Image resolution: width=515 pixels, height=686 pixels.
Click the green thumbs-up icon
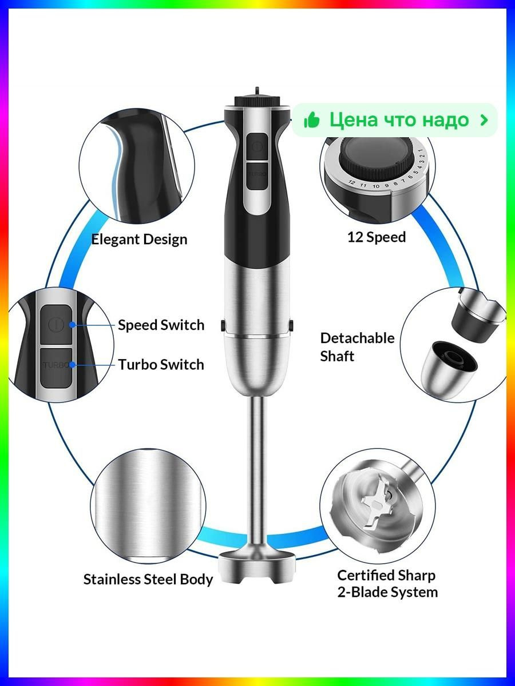312,120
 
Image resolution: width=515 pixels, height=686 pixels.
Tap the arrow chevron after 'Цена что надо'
484,120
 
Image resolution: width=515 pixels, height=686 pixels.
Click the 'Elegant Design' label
139,240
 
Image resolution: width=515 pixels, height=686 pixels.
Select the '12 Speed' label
377,237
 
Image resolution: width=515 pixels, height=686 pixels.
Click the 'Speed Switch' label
161,325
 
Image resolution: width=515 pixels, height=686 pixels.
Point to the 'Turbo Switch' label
161,365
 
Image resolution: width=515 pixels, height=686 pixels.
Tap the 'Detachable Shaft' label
357,347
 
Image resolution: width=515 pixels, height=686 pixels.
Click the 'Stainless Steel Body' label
148,579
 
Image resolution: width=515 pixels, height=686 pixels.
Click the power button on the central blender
257,147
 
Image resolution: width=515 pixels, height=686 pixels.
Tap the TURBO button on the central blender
257,176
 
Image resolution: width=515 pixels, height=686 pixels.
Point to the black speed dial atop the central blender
257,102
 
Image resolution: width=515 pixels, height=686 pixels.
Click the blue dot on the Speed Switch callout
72,325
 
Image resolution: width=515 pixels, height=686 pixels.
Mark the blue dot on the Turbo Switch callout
72,365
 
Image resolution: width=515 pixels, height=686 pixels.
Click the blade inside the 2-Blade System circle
377,504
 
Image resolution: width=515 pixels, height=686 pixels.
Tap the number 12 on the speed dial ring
351,182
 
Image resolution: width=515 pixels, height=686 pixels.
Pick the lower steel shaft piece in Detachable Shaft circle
449,369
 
